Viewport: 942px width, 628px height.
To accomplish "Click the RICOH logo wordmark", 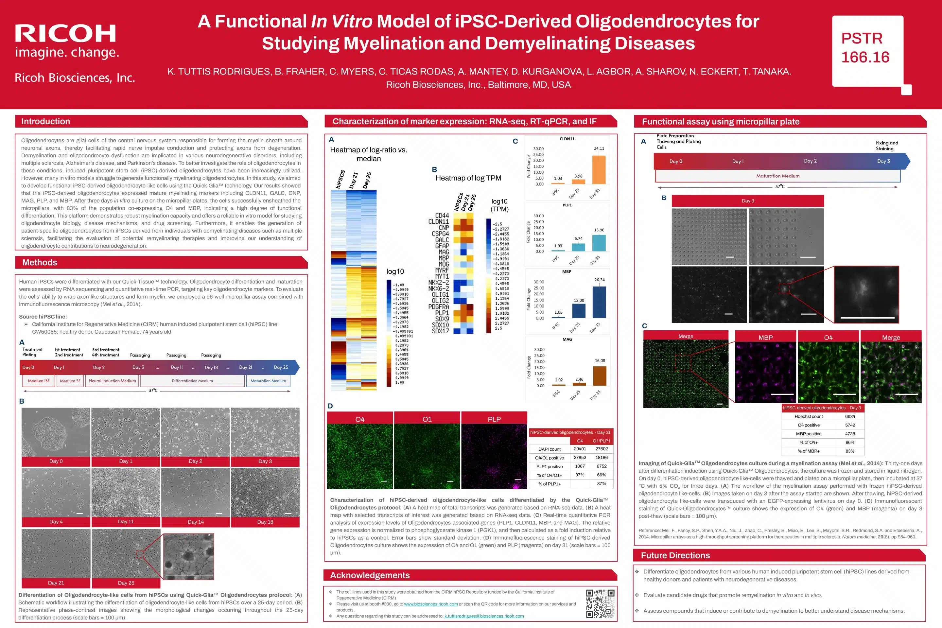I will (x=66, y=34).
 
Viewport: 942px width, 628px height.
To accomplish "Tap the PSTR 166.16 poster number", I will (x=865, y=48).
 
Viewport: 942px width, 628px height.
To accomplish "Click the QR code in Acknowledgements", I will (x=600, y=603).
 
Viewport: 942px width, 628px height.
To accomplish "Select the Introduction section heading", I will (x=46, y=121).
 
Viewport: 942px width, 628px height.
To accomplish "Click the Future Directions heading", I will (x=675, y=555).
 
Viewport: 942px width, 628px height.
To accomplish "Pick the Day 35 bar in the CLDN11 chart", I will (x=599, y=170).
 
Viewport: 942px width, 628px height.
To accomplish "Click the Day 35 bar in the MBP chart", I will (x=599, y=302).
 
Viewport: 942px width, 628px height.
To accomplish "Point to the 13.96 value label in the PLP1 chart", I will (x=599, y=230).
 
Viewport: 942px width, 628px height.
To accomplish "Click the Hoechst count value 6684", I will (x=850, y=416).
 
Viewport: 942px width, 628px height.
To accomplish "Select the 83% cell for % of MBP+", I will (x=850, y=451).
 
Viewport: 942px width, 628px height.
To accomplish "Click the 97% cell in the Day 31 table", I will (x=580, y=475).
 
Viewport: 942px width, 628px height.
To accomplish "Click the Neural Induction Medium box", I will (x=112, y=381).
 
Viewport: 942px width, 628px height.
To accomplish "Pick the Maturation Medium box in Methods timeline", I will (x=268, y=381).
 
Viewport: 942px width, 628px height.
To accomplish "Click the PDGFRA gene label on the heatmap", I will (x=439, y=307).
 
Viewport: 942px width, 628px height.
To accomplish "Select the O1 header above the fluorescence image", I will (x=427, y=419).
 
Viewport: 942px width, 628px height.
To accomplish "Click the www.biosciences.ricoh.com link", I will (x=430, y=604).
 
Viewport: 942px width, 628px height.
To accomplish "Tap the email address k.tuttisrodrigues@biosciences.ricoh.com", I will (x=484, y=616).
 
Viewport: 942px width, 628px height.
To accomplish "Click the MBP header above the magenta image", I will (x=765, y=338).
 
